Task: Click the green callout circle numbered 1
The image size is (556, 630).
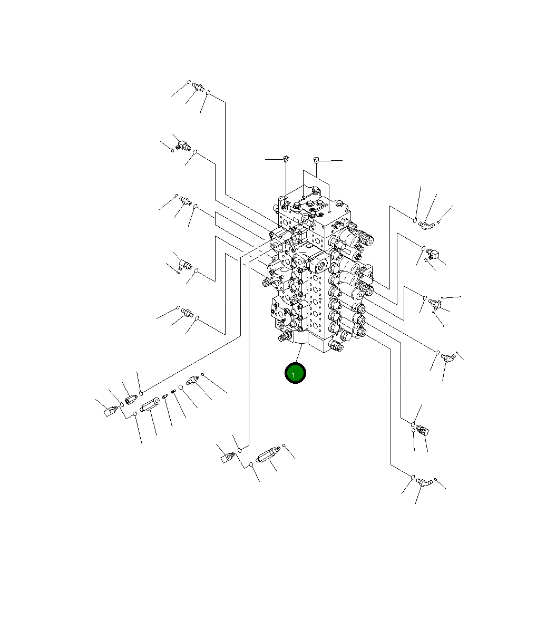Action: coord(295,373)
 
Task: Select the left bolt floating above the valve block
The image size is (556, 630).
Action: coord(286,158)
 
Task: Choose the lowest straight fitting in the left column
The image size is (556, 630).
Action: coord(188,312)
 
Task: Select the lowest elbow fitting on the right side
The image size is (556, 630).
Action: coord(423,481)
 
